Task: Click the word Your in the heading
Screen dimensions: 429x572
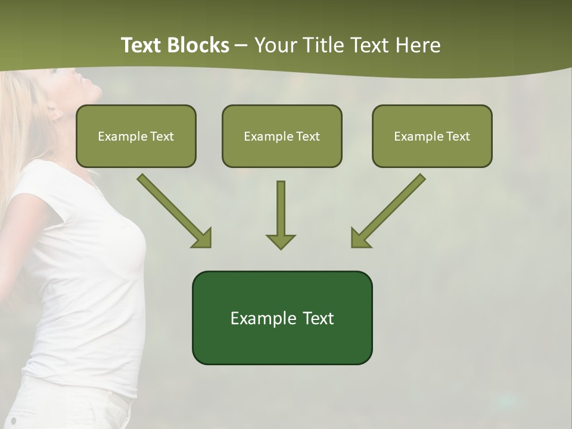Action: (274, 45)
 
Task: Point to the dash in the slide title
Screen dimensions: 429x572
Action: (241, 46)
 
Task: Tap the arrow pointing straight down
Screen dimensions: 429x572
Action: (281, 214)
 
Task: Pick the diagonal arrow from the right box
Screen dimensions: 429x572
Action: (388, 210)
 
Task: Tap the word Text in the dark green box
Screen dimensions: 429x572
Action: (319, 318)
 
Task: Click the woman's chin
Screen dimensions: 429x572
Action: (95, 95)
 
